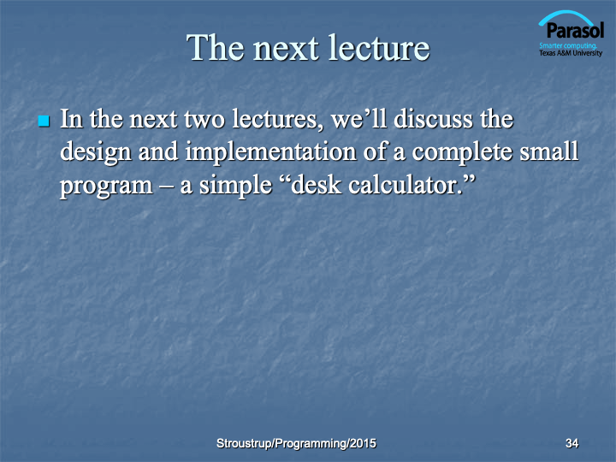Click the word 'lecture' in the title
click(x=379, y=48)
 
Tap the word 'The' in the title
click(x=216, y=48)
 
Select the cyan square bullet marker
click(x=44, y=121)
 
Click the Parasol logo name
click(x=575, y=30)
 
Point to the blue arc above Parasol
click(x=566, y=15)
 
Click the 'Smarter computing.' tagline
click(x=568, y=45)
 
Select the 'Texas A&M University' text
click(x=571, y=53)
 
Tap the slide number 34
click(x=572, y=443)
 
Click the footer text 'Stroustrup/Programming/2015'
click(x=296, y=443)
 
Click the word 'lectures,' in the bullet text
click(x=278, y=120)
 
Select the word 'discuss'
click(x=434, y=119)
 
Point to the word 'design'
click(x=96, y=152)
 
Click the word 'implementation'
click(x=270, y=152)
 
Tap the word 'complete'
click(x=462, y=152)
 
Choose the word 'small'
click(x=549, y=151)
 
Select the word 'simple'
click(x=236, y=186)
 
